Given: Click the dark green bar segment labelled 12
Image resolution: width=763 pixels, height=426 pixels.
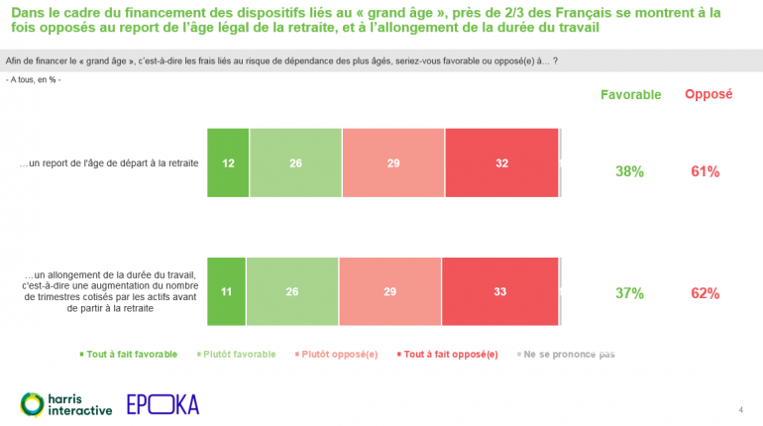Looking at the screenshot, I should (227, 163).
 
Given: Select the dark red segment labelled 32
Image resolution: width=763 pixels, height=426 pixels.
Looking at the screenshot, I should (501, 163).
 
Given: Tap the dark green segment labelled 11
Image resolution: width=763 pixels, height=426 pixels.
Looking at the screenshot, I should (226, 292).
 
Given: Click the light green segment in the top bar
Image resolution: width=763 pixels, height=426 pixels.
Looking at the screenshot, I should (295, 163).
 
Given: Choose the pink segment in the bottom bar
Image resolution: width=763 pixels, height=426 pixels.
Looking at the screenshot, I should (389, 292).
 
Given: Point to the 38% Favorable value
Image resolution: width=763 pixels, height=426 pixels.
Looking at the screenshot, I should (629, 171).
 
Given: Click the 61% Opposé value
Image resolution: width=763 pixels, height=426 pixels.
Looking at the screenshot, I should (705, 171).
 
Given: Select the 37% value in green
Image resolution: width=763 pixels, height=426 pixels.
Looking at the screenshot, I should (629, 293).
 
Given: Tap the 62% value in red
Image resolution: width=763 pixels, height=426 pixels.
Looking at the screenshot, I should (705, 293).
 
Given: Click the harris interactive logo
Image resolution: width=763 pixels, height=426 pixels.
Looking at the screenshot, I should (66, 403).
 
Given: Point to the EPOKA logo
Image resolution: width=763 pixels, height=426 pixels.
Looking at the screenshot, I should (163, 403).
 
